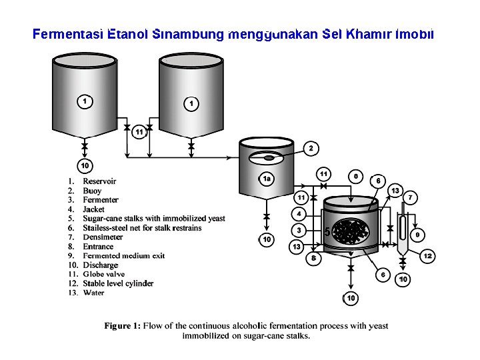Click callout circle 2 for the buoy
[x=311, y=149]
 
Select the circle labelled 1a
[x=266, y=179]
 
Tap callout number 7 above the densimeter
[x=410, y=198]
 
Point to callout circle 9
[x=417, y=235]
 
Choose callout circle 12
[x=427, y=255]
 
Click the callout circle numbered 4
[x=299, y=214]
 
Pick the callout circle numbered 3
[x=299, y=230]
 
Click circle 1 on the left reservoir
[x=85, y=101]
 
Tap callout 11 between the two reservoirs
[x=139, y=132]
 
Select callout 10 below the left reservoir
[x=85, y=165]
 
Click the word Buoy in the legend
[x=92, y=191]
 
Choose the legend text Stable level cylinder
[x=118, y=283]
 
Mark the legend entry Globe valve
[x=104, y=274]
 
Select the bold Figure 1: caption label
[x=123, y=326]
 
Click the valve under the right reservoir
[x=191, y=146]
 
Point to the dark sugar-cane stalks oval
[x=351, y=231]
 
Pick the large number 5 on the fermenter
[x=327, y=232]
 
